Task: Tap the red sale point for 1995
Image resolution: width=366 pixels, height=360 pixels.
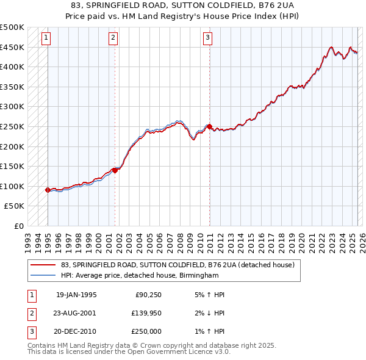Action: tap(48, 190)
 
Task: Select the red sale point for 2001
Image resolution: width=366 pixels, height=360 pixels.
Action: tap(115, 170)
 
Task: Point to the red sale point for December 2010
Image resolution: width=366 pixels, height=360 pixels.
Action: tap(209, 127)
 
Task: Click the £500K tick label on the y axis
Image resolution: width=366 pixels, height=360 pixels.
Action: tap(12, 27)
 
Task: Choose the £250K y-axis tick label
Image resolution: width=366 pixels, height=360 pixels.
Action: tap(12, 126)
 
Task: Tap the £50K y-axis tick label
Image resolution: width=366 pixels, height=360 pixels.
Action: tap(15, 206)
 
